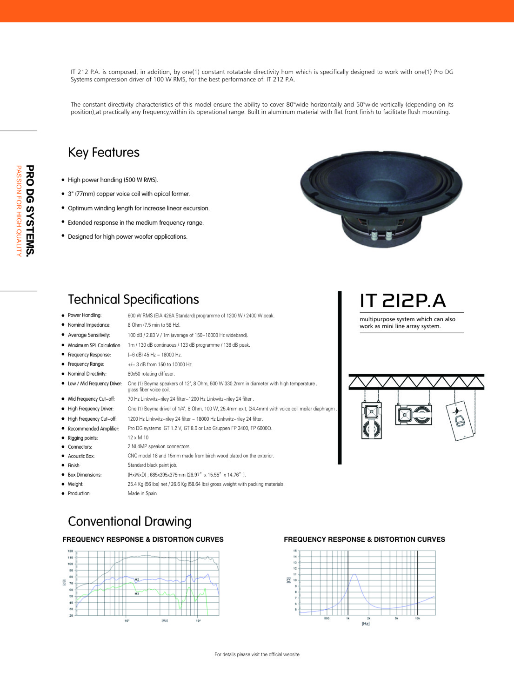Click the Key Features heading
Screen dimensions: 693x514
[x=103, y=153]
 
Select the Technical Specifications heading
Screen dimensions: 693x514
[x=133, y=299]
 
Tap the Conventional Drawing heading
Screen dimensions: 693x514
[x=129, y=521]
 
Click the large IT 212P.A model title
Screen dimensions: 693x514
[x=402, y=301]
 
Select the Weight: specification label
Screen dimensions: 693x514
[x=75, y=484]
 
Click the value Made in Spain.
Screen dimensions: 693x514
[x=142, y=493]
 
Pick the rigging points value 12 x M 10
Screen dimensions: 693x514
[x=138, y=437]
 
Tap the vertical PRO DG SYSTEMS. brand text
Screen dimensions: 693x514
[x=30, y=210]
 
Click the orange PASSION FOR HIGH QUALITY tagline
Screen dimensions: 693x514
[x=19, y=210]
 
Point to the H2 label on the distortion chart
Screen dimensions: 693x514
[x=137, y=579]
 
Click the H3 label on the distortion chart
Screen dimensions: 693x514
[x=137, y=593]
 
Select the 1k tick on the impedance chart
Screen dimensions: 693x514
[x=347, y=618]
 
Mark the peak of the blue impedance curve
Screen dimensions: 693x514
[x=354, y=575]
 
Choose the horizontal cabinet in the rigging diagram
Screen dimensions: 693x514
[x=414, y=414]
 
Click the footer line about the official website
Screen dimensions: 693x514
[x=257, y=654]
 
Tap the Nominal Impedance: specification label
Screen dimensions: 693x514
[x=89, y=325]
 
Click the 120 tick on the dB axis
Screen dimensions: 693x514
[x=70, y=551]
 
